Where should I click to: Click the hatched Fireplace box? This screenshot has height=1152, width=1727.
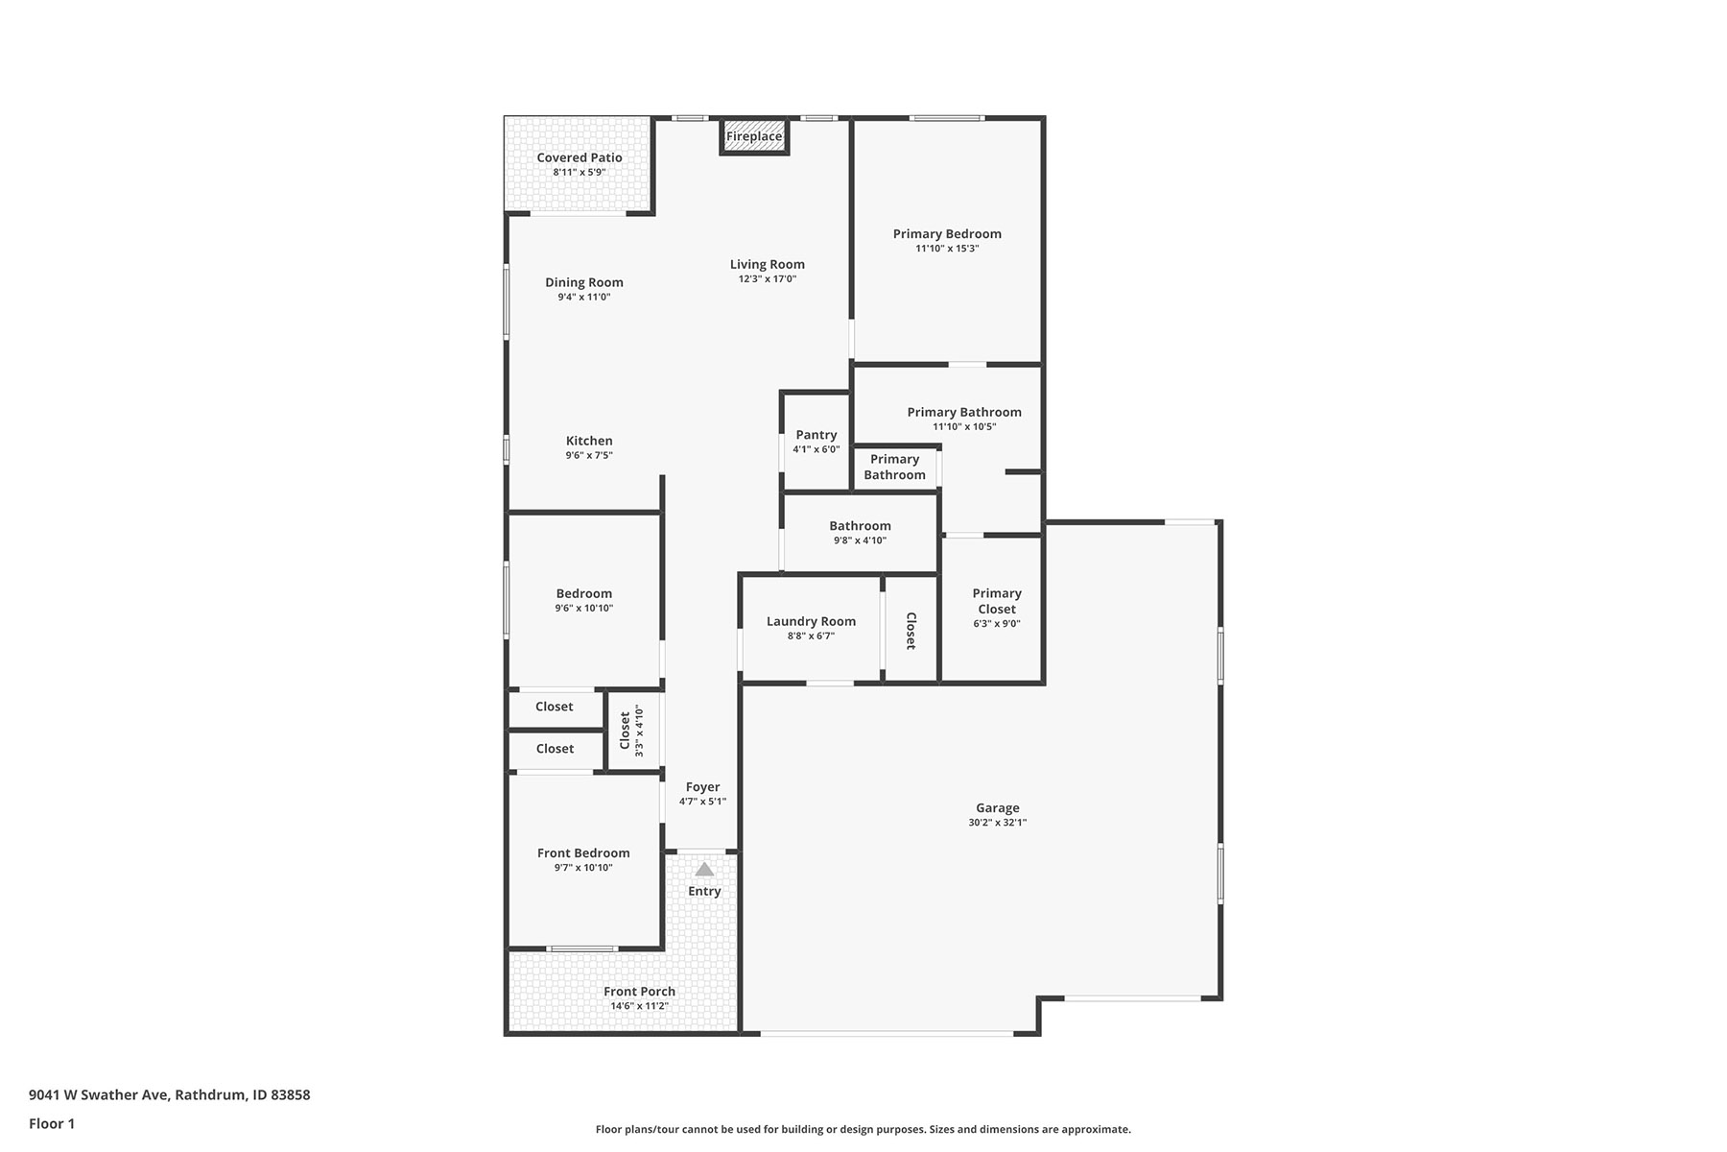click(754, 136)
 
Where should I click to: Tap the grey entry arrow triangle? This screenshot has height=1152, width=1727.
click(704, 869)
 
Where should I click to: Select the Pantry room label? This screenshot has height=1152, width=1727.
click(816, 435)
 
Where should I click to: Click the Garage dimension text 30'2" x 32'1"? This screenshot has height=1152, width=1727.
click(998, 823)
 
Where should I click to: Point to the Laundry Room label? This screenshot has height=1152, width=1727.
click(811, 621)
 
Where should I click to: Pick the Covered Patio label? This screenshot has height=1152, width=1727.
click(580, 157)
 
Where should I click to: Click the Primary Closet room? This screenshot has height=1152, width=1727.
click(992, 609)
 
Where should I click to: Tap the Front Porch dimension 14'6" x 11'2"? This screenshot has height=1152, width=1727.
click(639, 1006)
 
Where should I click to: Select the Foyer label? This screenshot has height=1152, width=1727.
click(702, 787)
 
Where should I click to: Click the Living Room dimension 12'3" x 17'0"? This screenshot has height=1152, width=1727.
click(768, 279)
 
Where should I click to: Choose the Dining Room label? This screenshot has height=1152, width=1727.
click(584, 282)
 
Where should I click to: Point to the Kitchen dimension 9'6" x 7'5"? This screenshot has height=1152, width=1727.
click(589, 456)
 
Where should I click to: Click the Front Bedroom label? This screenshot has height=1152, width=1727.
click(583, 852)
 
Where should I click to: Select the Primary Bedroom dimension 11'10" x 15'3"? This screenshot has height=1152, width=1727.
click(947, 249)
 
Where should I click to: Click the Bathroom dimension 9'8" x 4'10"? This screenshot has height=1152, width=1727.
click(860, 540)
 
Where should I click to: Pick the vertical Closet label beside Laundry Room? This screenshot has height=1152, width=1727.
click(911, 631)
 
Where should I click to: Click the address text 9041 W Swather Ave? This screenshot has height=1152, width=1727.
click(99, 1094)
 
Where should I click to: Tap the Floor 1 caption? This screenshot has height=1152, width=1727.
click(52, 1123)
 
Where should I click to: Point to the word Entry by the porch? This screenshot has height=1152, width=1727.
click(704, 892)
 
